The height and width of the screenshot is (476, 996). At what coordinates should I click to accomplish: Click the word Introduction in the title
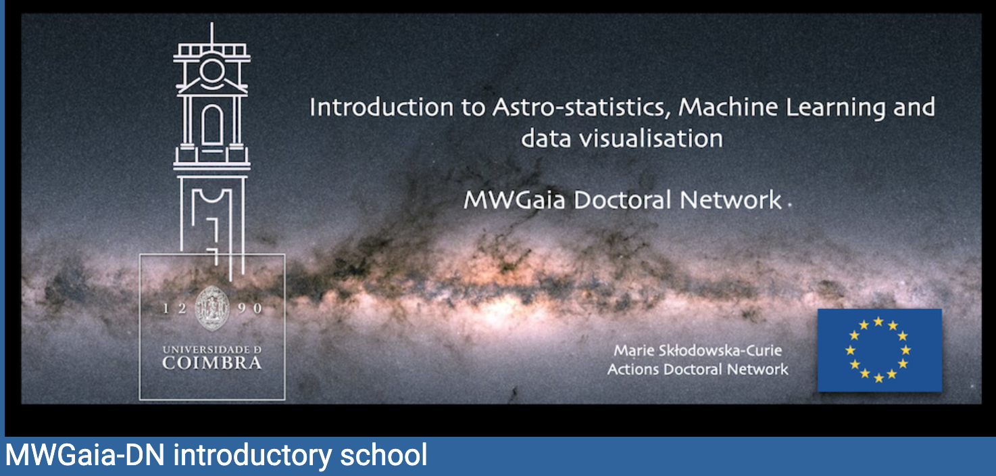(381, 108)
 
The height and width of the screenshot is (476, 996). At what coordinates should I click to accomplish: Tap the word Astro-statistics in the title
(581, 108)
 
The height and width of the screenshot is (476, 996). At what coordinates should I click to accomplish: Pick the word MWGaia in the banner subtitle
(514, 199)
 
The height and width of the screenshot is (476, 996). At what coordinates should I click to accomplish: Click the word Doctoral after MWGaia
(622, 199)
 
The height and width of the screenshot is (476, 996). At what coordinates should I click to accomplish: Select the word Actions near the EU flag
(633, 369)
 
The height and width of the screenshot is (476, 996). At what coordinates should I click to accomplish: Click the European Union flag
(880, 350)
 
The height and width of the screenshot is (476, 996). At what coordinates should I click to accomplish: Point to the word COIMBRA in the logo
(212, 364)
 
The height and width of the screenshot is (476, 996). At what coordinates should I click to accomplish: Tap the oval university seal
(212, 308)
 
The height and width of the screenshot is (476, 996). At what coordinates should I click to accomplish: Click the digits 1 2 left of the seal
(174, 308)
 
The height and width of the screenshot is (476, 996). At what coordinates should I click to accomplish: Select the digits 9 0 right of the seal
(249, 308)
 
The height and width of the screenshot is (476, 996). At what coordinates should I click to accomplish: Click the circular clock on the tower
(212, 71)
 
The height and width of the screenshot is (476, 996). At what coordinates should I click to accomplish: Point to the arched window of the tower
(212, 125)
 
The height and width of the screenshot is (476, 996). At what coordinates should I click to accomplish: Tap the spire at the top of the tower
(211, 33)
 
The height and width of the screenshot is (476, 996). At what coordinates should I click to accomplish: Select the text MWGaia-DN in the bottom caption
(85, 454)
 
